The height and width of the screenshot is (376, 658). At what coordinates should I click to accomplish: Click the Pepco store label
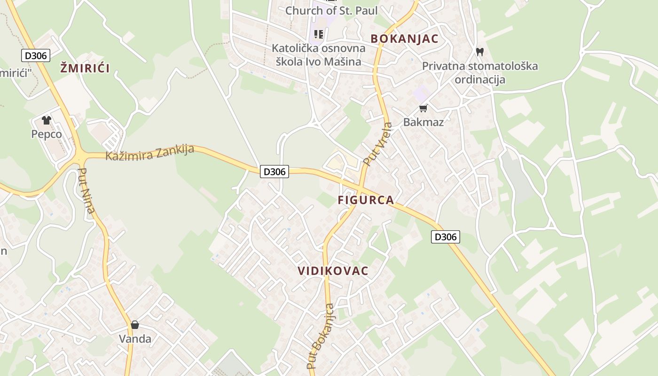pyautogui.click(x=47, y=134)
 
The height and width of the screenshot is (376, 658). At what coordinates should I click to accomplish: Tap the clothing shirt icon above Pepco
pyautogui.click(x=46, y=120)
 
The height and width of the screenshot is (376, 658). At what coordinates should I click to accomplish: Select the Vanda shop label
pyautogui.click(x=135, y=339)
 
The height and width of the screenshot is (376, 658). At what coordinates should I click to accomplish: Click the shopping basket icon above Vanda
pyautogui.click(x=135, y=325)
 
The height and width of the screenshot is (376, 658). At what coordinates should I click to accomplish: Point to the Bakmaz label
pyautogui.click(x=423, y=122)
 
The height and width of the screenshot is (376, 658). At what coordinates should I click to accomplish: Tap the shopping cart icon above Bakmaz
pyautogui.click(x=423, y=109)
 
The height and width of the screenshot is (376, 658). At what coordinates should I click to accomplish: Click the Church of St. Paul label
pyautogui.click(x=331, y=10)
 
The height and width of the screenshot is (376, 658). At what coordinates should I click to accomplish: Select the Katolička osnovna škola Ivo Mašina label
pyautogui.click(x=319, y=55)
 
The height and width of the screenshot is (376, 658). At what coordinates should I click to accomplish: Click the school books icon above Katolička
pyautogui.click(x=319, y=34)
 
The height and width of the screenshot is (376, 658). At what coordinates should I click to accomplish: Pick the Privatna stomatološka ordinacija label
pyautogui.click(x=480, y=72)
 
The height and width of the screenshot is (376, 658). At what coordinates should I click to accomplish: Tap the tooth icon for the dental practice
pyautogui.click(x=480, y=51)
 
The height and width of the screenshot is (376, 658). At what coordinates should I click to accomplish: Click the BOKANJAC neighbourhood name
pyautogui.click(x=404, y=39)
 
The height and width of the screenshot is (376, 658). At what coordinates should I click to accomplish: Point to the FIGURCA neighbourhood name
pyautogui.click(x=366, y=200)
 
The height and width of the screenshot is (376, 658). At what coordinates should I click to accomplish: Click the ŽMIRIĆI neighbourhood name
pyautogui.click(x=85, y=68)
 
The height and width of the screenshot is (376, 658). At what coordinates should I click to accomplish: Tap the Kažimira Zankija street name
pyautogui.click(x=149, y=152)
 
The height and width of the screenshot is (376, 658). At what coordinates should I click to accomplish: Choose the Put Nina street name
pyautogui.click(x=86, y=191)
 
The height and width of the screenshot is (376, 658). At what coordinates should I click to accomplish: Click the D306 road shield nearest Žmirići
pyautogui.click(x=36, y=55)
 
